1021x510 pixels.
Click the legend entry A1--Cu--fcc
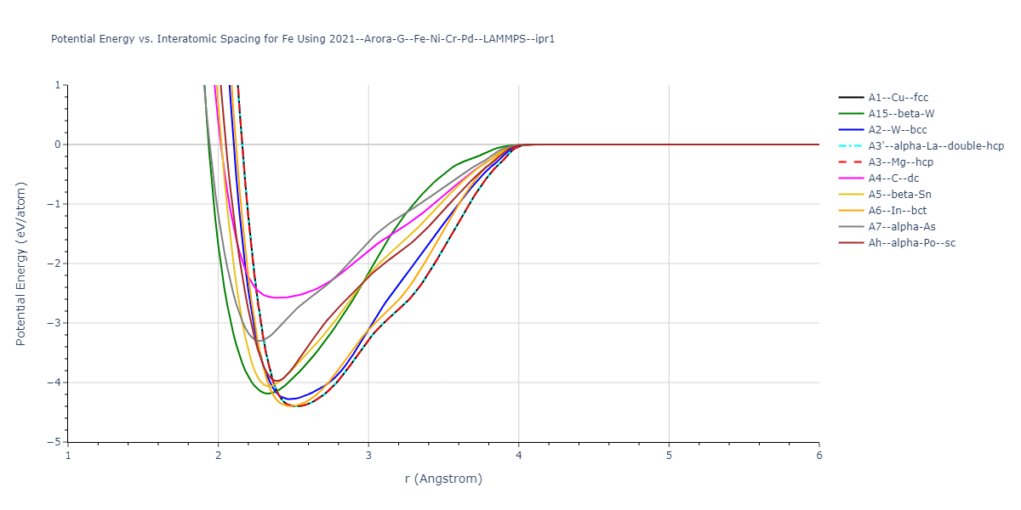(x=898, y=98)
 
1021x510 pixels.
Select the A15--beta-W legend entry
(x=901, y=114)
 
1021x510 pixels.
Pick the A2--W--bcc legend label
(x=898, y=130)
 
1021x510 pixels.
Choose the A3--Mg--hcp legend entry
(x=900, y=162)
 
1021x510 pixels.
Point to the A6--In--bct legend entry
(x=898, y=211)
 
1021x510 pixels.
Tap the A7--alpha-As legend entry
(x=901, y=227)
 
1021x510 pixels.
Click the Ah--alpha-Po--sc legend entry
(x=911, y=243)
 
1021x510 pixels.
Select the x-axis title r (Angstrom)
(x=443, y=479)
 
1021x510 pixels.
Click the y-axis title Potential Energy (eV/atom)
(x=21, y=263)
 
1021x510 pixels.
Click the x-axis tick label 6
(x=819, y=456)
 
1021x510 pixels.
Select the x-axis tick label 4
(x=518, y=456)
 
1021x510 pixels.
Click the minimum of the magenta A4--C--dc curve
(x=277, y=297)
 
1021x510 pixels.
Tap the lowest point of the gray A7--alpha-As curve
(x=260, y=341)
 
